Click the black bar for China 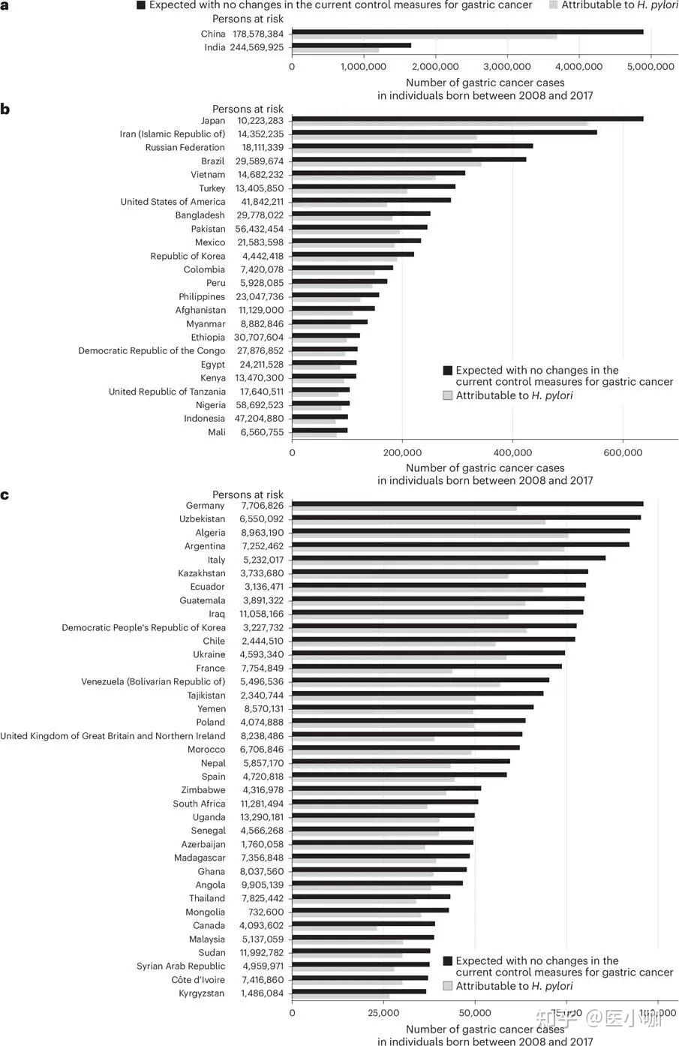point(467,32)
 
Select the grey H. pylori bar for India point(335,51)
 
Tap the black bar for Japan point(467,119)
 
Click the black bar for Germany point(467,503)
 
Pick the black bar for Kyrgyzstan point(359,991)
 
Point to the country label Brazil point(212,161)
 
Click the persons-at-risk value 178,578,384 point(257,34)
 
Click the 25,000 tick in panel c point(383,1012)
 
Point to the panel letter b point(5,110)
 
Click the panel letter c point(5,495)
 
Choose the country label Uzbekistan point(202,519)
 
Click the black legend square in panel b point(448,371)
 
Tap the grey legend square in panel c point(448,986)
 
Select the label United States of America point(173,202)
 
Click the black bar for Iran point(444,132)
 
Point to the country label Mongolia point(205,912)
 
